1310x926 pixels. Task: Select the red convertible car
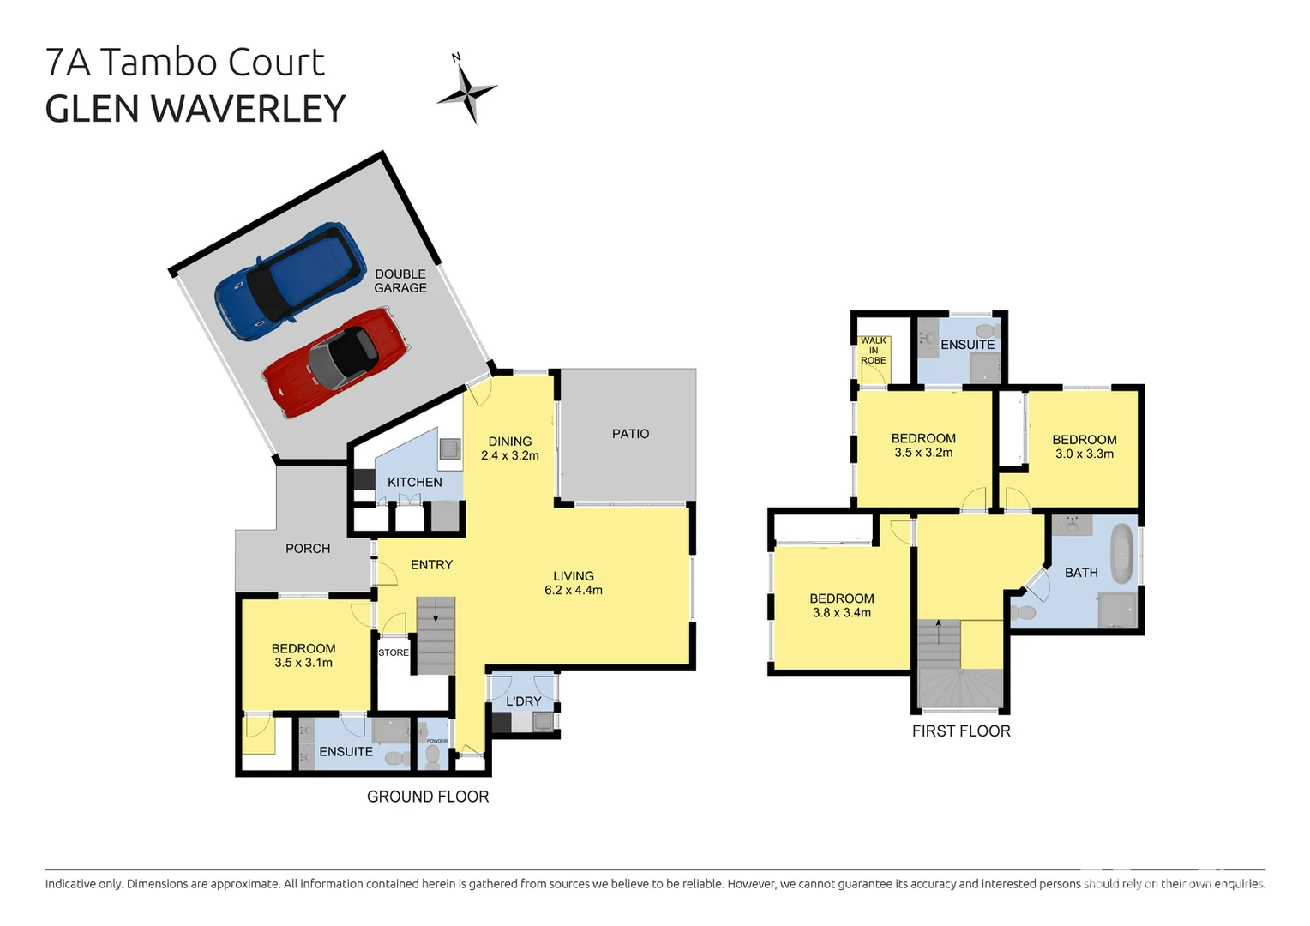click(336, 362)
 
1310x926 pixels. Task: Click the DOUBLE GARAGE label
click(400, 281)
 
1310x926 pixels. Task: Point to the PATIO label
click(630, 434)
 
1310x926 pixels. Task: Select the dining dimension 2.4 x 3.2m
click(509, 455)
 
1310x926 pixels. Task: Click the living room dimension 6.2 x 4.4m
click(573, 590)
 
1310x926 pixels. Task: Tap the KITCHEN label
click(414, 482)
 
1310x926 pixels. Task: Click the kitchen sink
click(449, 449)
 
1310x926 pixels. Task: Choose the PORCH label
click(308, 549)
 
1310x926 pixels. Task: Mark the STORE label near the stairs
click(394, 652)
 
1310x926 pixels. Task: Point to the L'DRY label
click(523, 701)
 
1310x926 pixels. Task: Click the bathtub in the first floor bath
click(1121, 556)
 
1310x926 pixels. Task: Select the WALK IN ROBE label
click(874, 351)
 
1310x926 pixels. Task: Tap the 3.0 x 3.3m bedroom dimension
click(1084, 454)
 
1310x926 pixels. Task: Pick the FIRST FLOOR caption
click(961, 731)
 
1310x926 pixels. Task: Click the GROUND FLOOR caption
click(427, 797)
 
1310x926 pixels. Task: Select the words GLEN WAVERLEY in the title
click(195, 110)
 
